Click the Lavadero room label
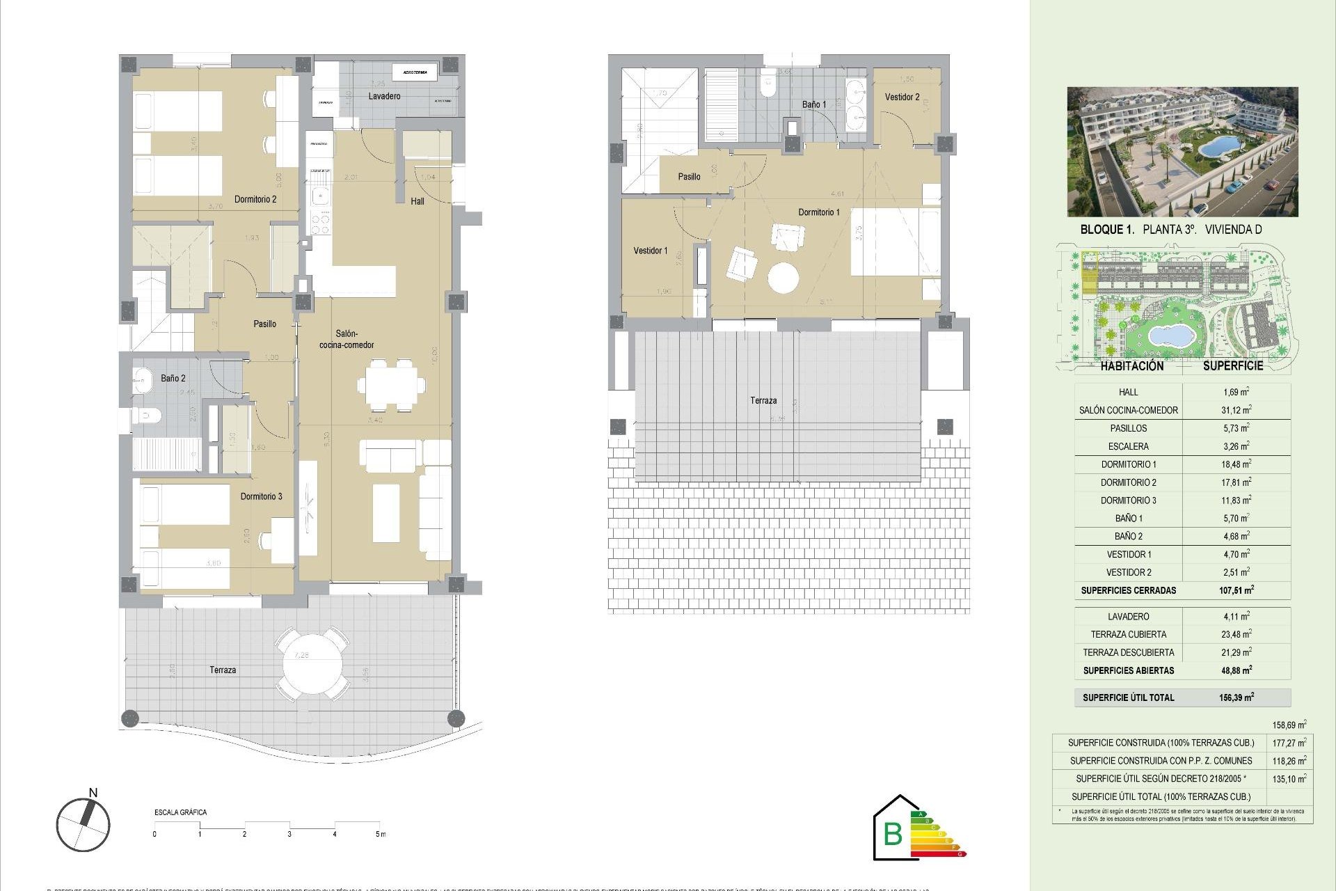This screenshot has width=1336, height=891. point(384,96)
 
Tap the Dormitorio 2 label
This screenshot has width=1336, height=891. point(255,199)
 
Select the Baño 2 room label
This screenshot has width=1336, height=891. point(173,378)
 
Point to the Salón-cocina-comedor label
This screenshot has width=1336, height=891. point(347,339)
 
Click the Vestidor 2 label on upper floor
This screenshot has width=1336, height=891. point(902,97)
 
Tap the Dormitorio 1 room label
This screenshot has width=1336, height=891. point(818,212)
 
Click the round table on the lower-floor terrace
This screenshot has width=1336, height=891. point(313,663)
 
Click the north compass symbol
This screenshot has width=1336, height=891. point(83,824)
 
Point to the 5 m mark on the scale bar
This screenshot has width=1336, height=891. point(380,834)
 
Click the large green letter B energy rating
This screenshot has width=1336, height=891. point(892,833)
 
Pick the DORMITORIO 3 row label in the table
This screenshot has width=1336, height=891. point(1128,500)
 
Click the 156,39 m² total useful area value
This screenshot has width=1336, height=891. point(1236,697)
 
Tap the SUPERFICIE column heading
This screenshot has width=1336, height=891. point(1232,366)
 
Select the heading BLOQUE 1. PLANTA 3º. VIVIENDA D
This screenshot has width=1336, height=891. point(1170,230)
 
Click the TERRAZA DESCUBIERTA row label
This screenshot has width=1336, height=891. point(1128,652)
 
